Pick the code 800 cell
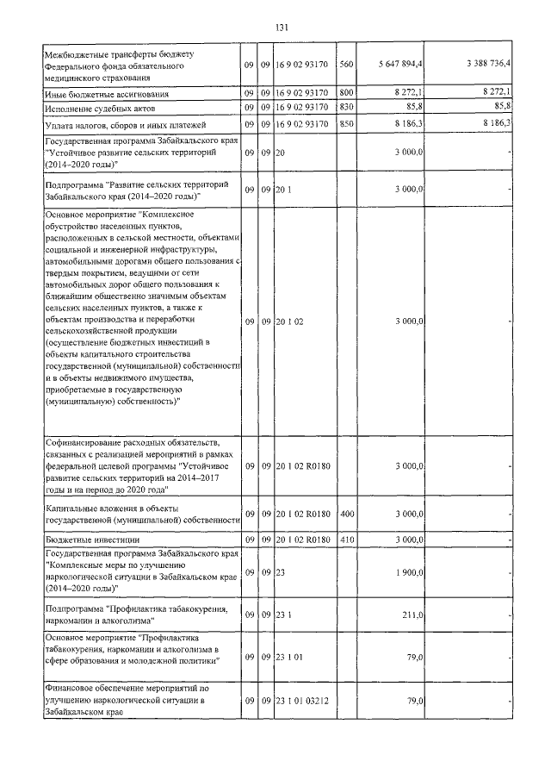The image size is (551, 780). [x=347, y=92]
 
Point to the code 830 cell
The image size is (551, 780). [x=347, y=106]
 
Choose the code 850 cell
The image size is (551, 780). [x=347, y=124]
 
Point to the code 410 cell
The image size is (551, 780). [x=347, y=540]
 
